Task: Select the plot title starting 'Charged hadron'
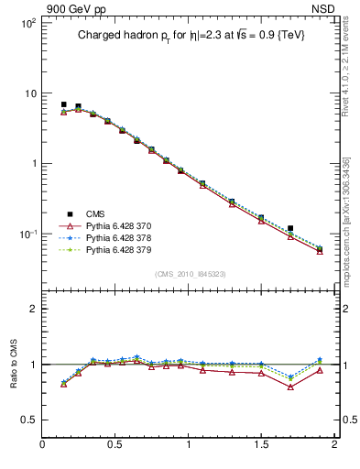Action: point(190,35)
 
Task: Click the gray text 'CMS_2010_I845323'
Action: point(190,273)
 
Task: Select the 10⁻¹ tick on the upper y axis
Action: point(27,234)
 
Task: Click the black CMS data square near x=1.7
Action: point(290,228)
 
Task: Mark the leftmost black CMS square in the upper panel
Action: point(64,104)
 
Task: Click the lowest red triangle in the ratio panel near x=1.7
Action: point(290,387)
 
